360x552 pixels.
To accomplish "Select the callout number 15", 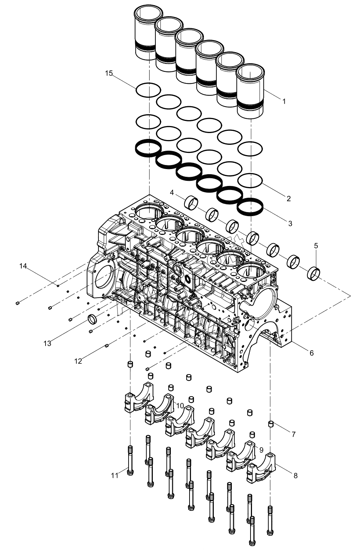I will (109, 74).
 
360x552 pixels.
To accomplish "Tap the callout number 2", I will (289, 199).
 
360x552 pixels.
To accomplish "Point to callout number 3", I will (290, 223).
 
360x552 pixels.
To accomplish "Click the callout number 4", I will (172, 192).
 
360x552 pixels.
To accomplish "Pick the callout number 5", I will (316, 245).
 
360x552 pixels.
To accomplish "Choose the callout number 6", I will (312, 353).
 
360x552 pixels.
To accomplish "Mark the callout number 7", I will (294, 434).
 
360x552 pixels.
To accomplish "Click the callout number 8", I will (295, 475).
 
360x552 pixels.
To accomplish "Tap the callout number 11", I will (115, 475).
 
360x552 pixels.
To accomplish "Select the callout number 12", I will (78, 361).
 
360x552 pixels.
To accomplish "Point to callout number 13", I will (47, 344).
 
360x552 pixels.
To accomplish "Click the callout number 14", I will (23, 266).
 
